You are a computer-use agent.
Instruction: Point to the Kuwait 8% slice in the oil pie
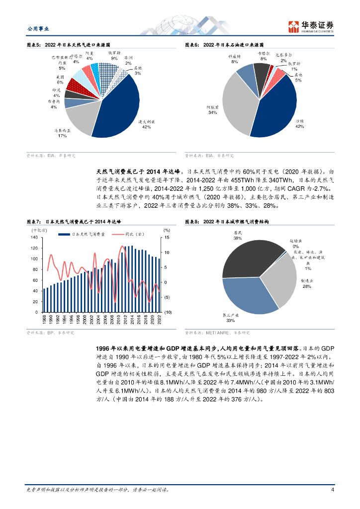[246, 74]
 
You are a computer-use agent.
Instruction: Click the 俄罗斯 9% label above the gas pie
[114, 55]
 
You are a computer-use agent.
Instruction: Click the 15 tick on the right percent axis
[167, 237]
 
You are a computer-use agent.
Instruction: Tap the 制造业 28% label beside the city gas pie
[307, 284]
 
